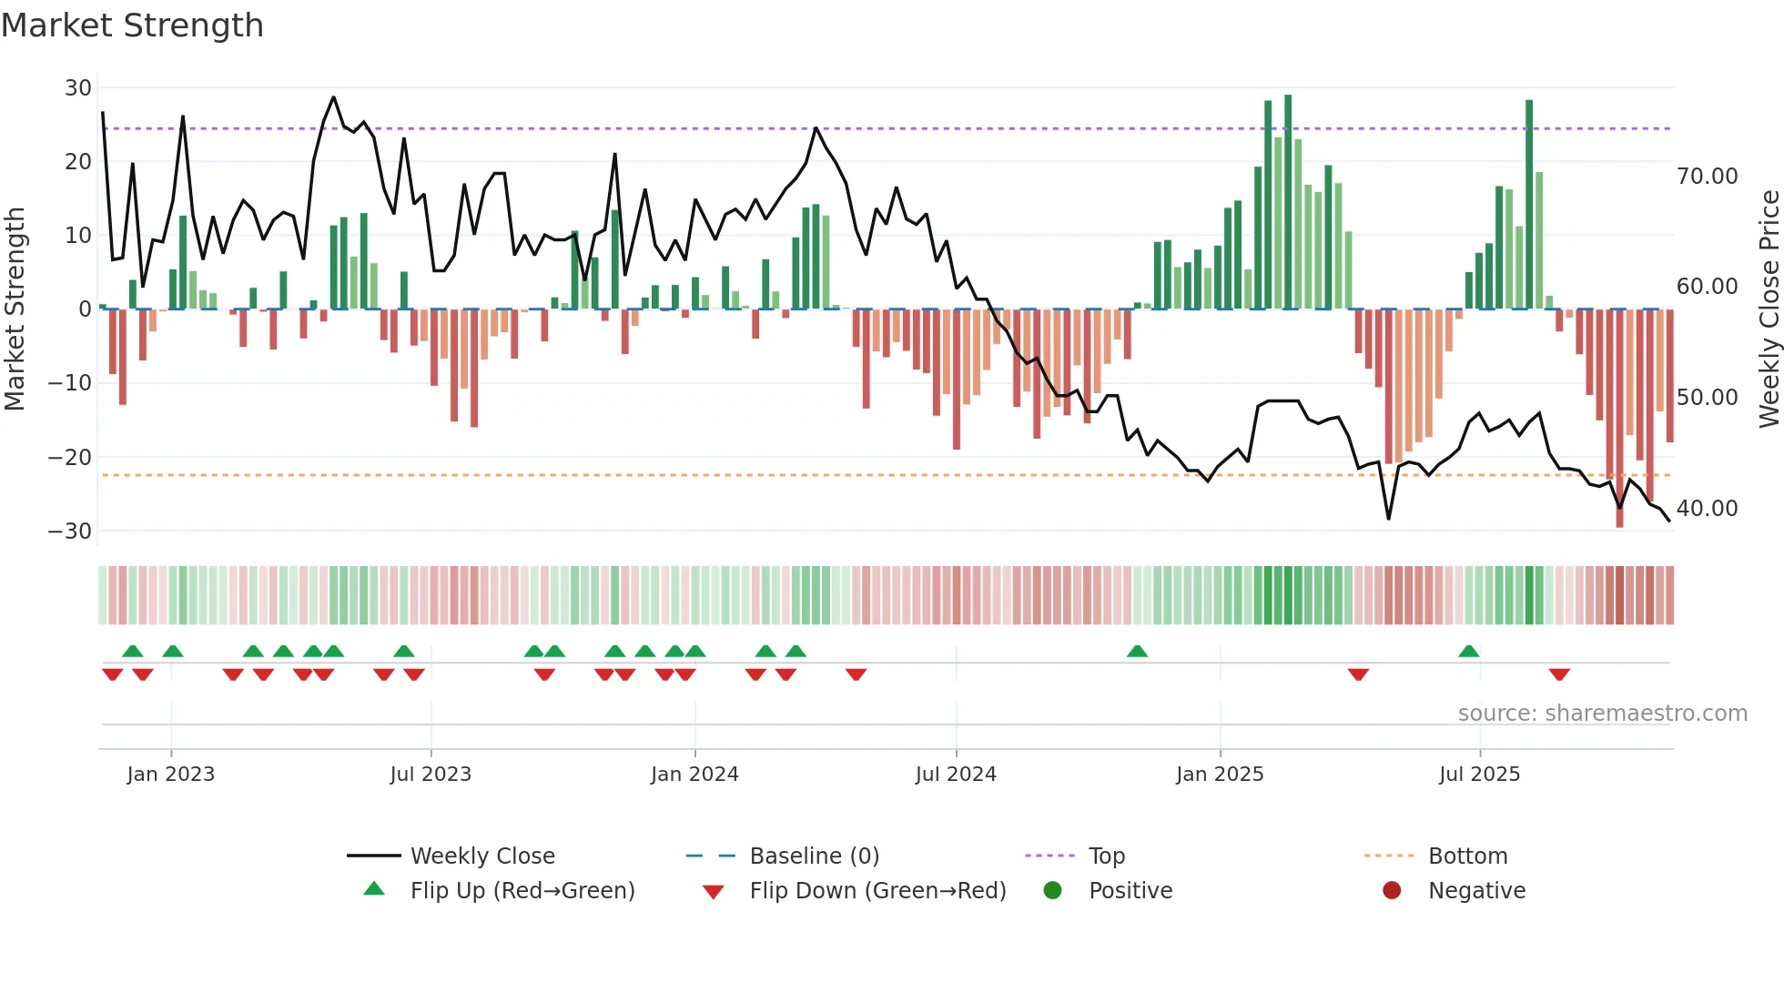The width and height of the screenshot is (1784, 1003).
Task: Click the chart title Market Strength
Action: pyautogui.click(x=132, y=25)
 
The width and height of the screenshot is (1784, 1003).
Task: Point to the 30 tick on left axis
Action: pyautogui.click(x=78, y=88)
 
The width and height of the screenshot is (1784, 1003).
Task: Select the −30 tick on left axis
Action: pyautogui.click(x=70, y=531)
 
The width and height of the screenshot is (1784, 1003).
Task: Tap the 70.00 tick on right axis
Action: pyautogui.click(x=1707, y=177)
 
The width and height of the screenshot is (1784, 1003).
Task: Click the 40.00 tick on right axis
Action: pyautogui.click(x=1707, y=509)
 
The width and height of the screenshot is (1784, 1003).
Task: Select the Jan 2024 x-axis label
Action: pyautogui.click(x=694, y=775)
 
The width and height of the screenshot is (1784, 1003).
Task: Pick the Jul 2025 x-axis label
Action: pyautogui.click(x=1479, y=775)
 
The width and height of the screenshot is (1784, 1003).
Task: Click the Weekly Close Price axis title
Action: pyautogui.click(x=1769, y=309)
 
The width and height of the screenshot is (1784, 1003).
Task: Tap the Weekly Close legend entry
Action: pyautogui.click(x=482, y=856)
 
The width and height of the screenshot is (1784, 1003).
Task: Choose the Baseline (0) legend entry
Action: pyautogui.click(x=814, y=856)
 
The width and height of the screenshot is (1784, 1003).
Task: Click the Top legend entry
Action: pyautogui.click(x=1107, y=856)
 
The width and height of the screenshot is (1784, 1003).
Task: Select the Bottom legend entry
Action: pyautogui.click(x=1467, y=856)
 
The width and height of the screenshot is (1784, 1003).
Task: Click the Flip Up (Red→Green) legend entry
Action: pyautogui.click(x=522, y=891)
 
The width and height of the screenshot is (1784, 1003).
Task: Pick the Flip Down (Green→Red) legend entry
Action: pyautogui.click(x=877, y=891)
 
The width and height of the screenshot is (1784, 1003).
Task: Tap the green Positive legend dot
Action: pyautogui.click(x=1053, y=890)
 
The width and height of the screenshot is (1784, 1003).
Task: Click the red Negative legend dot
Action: pyautogui.click(x=1392, y=890)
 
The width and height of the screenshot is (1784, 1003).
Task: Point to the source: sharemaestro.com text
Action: pyautogui.click(x=1602, y=714)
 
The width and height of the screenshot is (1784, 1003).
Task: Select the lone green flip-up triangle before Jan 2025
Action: pyautogui.click(x=1137, y=651)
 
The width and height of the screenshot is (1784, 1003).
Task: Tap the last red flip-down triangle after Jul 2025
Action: pyautogui.click(x=1559, y=674)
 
